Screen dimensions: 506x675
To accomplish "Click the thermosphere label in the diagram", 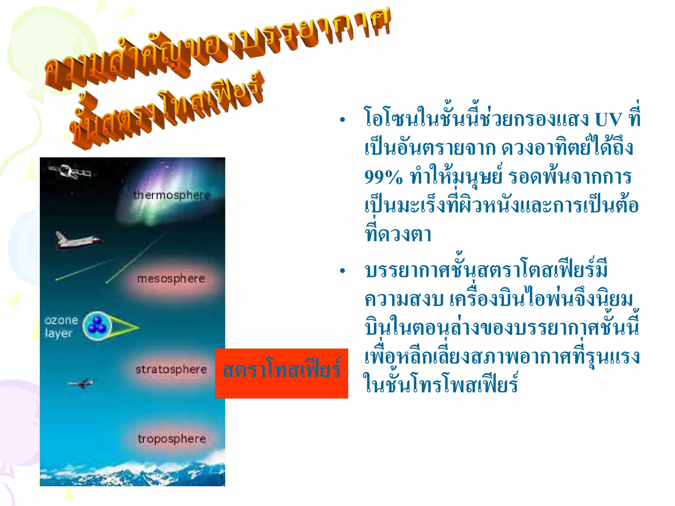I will pos(172,195).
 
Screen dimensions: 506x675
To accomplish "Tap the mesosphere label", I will pos(171,279).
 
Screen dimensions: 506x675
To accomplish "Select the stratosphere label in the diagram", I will pos(171,369).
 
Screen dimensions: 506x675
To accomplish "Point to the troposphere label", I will pos(172,439).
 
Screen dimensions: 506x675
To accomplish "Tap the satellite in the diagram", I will pos(69,171).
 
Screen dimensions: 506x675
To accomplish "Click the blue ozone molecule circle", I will pos(97,325).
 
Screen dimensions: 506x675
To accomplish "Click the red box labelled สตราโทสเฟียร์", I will pos(281,373).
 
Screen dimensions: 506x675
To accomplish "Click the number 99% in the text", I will pos(383,178).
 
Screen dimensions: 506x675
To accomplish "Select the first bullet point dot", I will pos(342,120).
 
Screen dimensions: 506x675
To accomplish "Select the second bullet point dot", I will pos(342,271).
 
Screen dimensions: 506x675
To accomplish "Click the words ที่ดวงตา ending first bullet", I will pos(398,234).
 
